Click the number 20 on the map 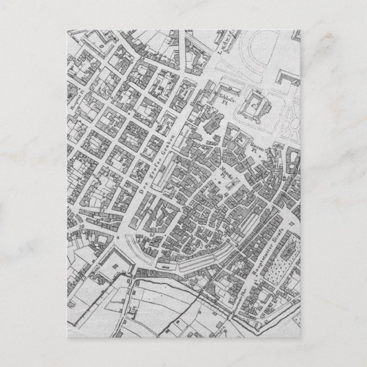(x=82, y=227)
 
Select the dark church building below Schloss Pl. (x=215, y=123)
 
